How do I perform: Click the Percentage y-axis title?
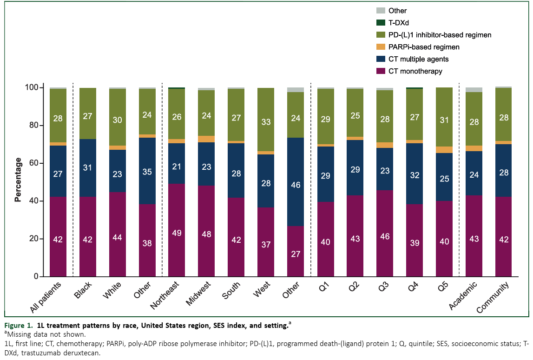pyautogui.click(x=18, y=180)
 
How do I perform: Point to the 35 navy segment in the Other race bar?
pyautogui.click(x=147, y=171)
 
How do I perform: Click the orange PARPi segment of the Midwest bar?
pyautogui.click(x=206, y=139)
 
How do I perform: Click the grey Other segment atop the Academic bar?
pyautogui.click(x=474, y=90)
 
